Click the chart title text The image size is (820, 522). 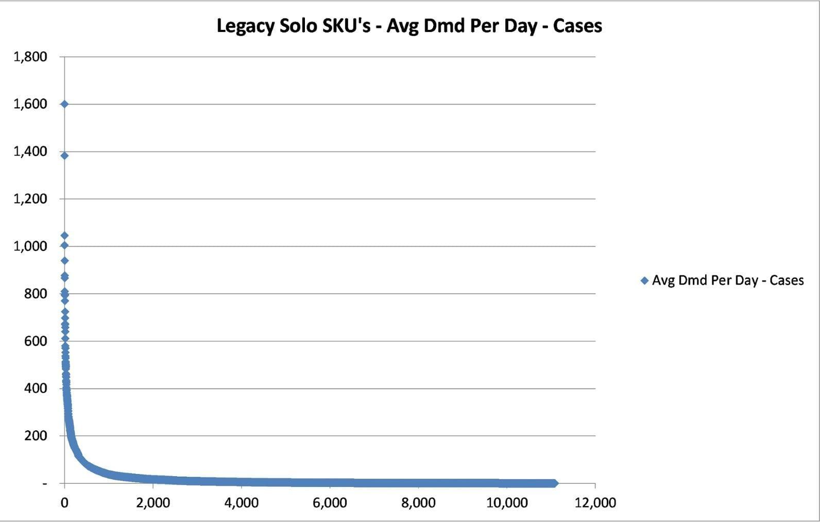tap(409, 26)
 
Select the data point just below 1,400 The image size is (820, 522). tap(64, 156)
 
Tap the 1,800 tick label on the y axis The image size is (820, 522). tap(30, 57)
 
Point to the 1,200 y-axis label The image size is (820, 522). tap(30, 199)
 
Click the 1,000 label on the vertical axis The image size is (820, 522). tap(30, 246)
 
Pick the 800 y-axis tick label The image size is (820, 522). tap(36, 294)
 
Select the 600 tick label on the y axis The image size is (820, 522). tap(36, 341)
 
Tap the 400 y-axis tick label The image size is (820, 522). tap(36, 389)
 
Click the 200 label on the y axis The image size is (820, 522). tap(36, 436)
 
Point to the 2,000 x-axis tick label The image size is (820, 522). tap(153, 503)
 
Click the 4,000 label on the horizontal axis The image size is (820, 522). tap(242, 503)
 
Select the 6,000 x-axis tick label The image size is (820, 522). tap(330, 503)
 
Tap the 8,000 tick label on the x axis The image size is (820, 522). tap(418, 503)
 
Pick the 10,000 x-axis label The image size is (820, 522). tap(507, 503)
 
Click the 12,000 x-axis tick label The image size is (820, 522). tap(595, 503)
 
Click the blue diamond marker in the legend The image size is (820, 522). tap(645, 281)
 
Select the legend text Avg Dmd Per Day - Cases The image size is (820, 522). tap(728, 281)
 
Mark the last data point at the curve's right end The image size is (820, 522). tap(554, 483)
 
